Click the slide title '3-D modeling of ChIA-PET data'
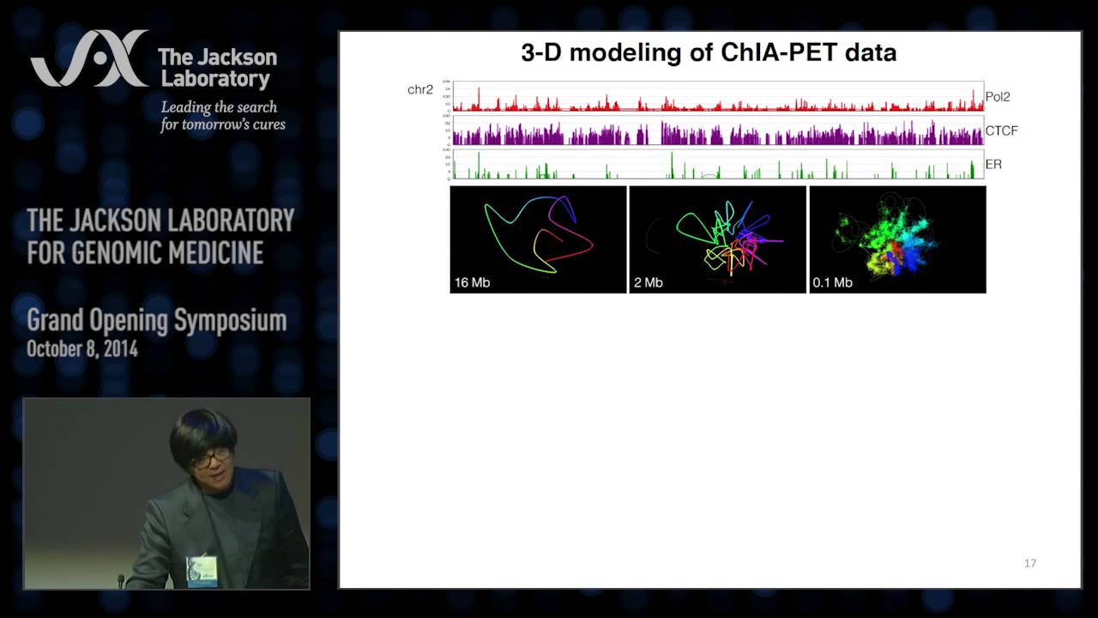click(x=709, y=53)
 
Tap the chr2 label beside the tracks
click(x=420, y=89)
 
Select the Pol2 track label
click(x=997, y=97)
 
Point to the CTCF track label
click(x=1001, y=130)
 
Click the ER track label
click(x=993, y=164)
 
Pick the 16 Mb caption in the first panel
click(x=472, y=282)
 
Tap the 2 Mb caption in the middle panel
click(x=648, y=282)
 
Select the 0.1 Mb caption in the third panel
click(x=832, y=282)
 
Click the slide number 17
click(x=1030, y=563)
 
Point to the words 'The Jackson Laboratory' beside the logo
click(x=217, y=68)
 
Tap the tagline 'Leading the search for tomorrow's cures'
click(x=222, y=116)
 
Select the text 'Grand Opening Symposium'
click(x=156, y=321)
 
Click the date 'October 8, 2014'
click(x=82, y=349)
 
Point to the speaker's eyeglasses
click(x=209, y=457)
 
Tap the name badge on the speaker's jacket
click(x=202, y=567)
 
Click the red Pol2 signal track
click(x=717, y=101)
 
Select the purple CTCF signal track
click(x=717, y=133)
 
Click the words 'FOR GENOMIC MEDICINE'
click(x=145, y=253)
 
